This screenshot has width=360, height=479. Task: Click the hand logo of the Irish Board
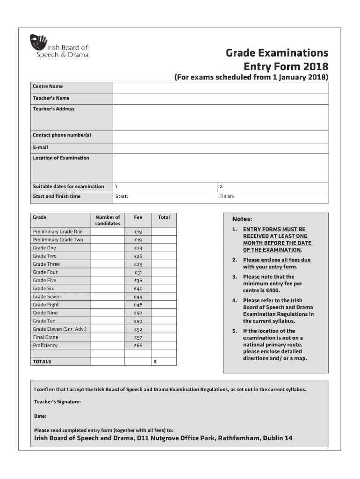click(38, 44)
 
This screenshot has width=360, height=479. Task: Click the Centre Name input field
click(221, 87)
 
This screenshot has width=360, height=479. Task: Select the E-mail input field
click(221, 147)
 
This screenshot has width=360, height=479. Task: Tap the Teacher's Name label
click(51, 98)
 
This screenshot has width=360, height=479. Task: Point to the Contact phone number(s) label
click(62, 135)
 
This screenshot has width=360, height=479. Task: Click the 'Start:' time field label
click(122, 196)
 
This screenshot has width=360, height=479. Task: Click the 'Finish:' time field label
click(227, 196)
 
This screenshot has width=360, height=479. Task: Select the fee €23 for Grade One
click(138, 248)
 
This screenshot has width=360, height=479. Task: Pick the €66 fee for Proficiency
click(138, 346)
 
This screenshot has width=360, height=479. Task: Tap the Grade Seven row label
click(47, 297)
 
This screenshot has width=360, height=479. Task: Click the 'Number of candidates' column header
click(108, 220)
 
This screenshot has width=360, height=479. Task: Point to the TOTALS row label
click(42, 362)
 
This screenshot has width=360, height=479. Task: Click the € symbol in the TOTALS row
click(155, 362)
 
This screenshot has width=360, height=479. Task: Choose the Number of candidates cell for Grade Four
click(108, 272)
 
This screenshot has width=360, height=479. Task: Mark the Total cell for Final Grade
click(164, 337)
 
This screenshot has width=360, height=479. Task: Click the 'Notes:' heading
click(242, 219)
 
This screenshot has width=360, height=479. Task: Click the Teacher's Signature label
click(58, 402)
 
